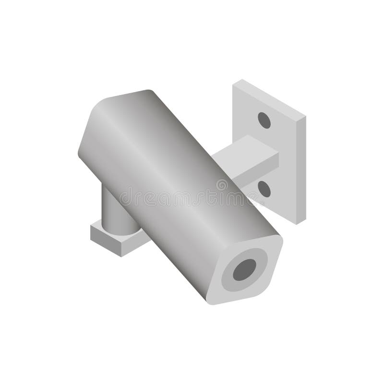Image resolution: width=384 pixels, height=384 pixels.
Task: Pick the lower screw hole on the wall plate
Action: [264, 189]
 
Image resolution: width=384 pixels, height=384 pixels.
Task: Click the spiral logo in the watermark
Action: [222, 184]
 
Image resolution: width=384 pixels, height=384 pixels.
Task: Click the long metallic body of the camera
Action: [173, 182]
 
